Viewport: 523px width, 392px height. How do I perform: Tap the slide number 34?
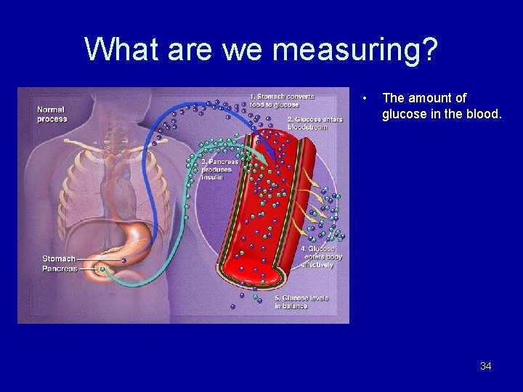click(x=485, y=366)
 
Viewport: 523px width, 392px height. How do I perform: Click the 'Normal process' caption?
click(x=52, y=114)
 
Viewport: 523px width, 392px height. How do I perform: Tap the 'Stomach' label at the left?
click(x=58, y=258)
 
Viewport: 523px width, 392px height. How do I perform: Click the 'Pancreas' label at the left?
click(x=60, y=269)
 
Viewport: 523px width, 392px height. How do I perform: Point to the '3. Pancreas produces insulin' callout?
click(x=219, y=169)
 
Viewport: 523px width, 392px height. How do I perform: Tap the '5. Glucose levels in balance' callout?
click(x=300, y=302)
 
